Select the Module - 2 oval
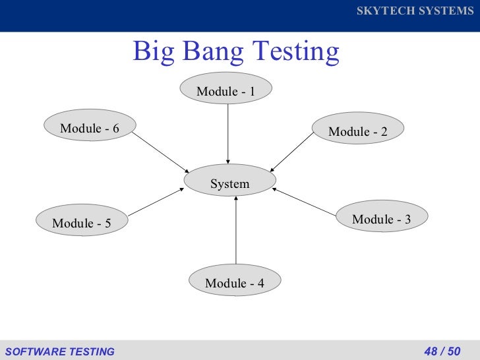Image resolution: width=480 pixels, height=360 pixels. pyautogui.click(x=358, y=131)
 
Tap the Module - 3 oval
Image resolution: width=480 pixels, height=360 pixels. pyautogui.click(x=382, y=219)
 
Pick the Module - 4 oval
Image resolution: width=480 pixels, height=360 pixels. pyautogui.click(x=235, y=283)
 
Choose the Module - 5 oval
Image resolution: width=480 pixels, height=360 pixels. pyautogui.click(x=82, y=223)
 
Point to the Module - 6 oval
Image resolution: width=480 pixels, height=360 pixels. pyautogui.click(x=90, y=128)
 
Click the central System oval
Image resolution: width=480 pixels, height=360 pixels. pyautogui.click(x=229, y=183)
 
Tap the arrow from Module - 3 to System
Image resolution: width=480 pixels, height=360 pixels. pyautogui.click(x=304, y=202)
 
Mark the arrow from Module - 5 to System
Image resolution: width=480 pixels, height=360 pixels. pyautogui.click(x=156, y=202)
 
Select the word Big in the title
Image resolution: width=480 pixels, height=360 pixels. pyautogui.click(x=153, y=51)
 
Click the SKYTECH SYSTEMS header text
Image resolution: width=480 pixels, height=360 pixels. pyautogui.click(x=415, y=12)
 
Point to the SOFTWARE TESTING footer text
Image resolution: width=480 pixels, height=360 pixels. pyautogui.click(x=59, y=351)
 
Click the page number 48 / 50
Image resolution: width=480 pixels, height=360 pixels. pyautogui.click(x=442, y=351)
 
